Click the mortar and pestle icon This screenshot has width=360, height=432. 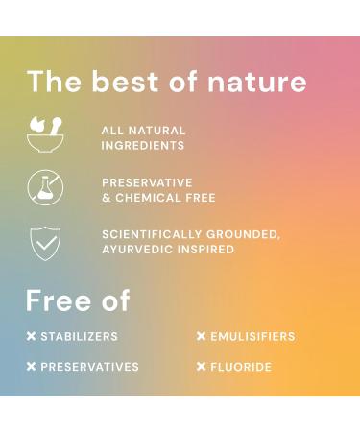click(45, 135)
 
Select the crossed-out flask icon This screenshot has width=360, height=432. click(44, 189)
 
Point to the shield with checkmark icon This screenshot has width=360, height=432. click(45, 242)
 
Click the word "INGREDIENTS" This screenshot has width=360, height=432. click(143, 146)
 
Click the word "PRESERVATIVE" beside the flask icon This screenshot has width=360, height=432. click(147, 182)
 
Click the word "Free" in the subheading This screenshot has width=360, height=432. click(59, 300)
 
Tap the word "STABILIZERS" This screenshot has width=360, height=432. click(80, 337)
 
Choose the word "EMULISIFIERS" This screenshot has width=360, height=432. click(252, 337)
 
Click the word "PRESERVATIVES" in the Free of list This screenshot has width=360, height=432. click(89, 367)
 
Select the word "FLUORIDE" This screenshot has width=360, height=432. click(241, 367)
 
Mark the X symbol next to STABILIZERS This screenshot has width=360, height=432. click(31, 337)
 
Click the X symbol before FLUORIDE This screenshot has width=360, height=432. click(202, 367)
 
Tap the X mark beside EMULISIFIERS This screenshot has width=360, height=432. click(202, 337)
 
